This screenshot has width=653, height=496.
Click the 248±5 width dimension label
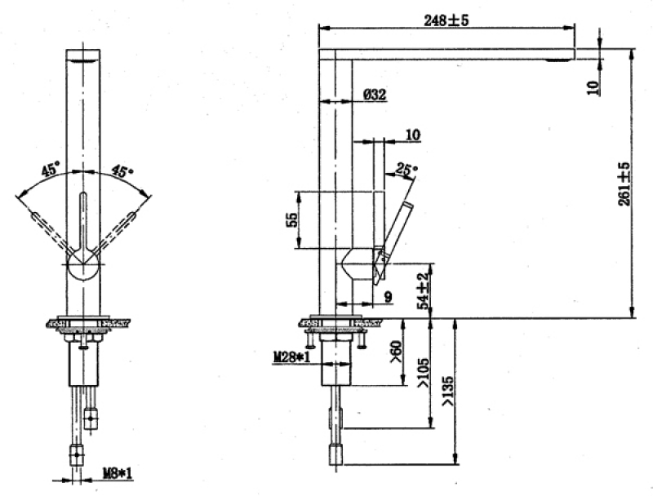(x=446, y=20)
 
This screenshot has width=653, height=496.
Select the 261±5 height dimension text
(x=624, y=184)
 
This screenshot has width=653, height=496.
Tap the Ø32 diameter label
(x=375, y=95)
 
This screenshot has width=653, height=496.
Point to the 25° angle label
(x=406, y=169)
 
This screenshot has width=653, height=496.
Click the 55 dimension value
(x=292, y=219)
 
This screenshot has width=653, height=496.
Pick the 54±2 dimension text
(x=423, y=291)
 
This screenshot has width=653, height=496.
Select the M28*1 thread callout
(x=292, y=356)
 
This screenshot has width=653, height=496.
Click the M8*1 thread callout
(x=118, y=472)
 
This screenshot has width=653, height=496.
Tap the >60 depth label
(x=396, y=351)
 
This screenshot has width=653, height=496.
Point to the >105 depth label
(x=423, y=373)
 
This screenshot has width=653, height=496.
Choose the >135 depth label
(x=447, y=391)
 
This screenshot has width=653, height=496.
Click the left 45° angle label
(x=51, y=170)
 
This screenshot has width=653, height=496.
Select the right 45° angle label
(x=122, y=170)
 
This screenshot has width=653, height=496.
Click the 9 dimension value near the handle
(x=388, y=297)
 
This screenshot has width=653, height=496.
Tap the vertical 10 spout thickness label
(x=593, y=87)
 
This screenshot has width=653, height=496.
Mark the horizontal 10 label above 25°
(x=413, y=135)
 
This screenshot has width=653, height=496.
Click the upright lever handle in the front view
(x=83, y=221)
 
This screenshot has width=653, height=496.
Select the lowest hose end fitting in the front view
(x=76, y=455)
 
